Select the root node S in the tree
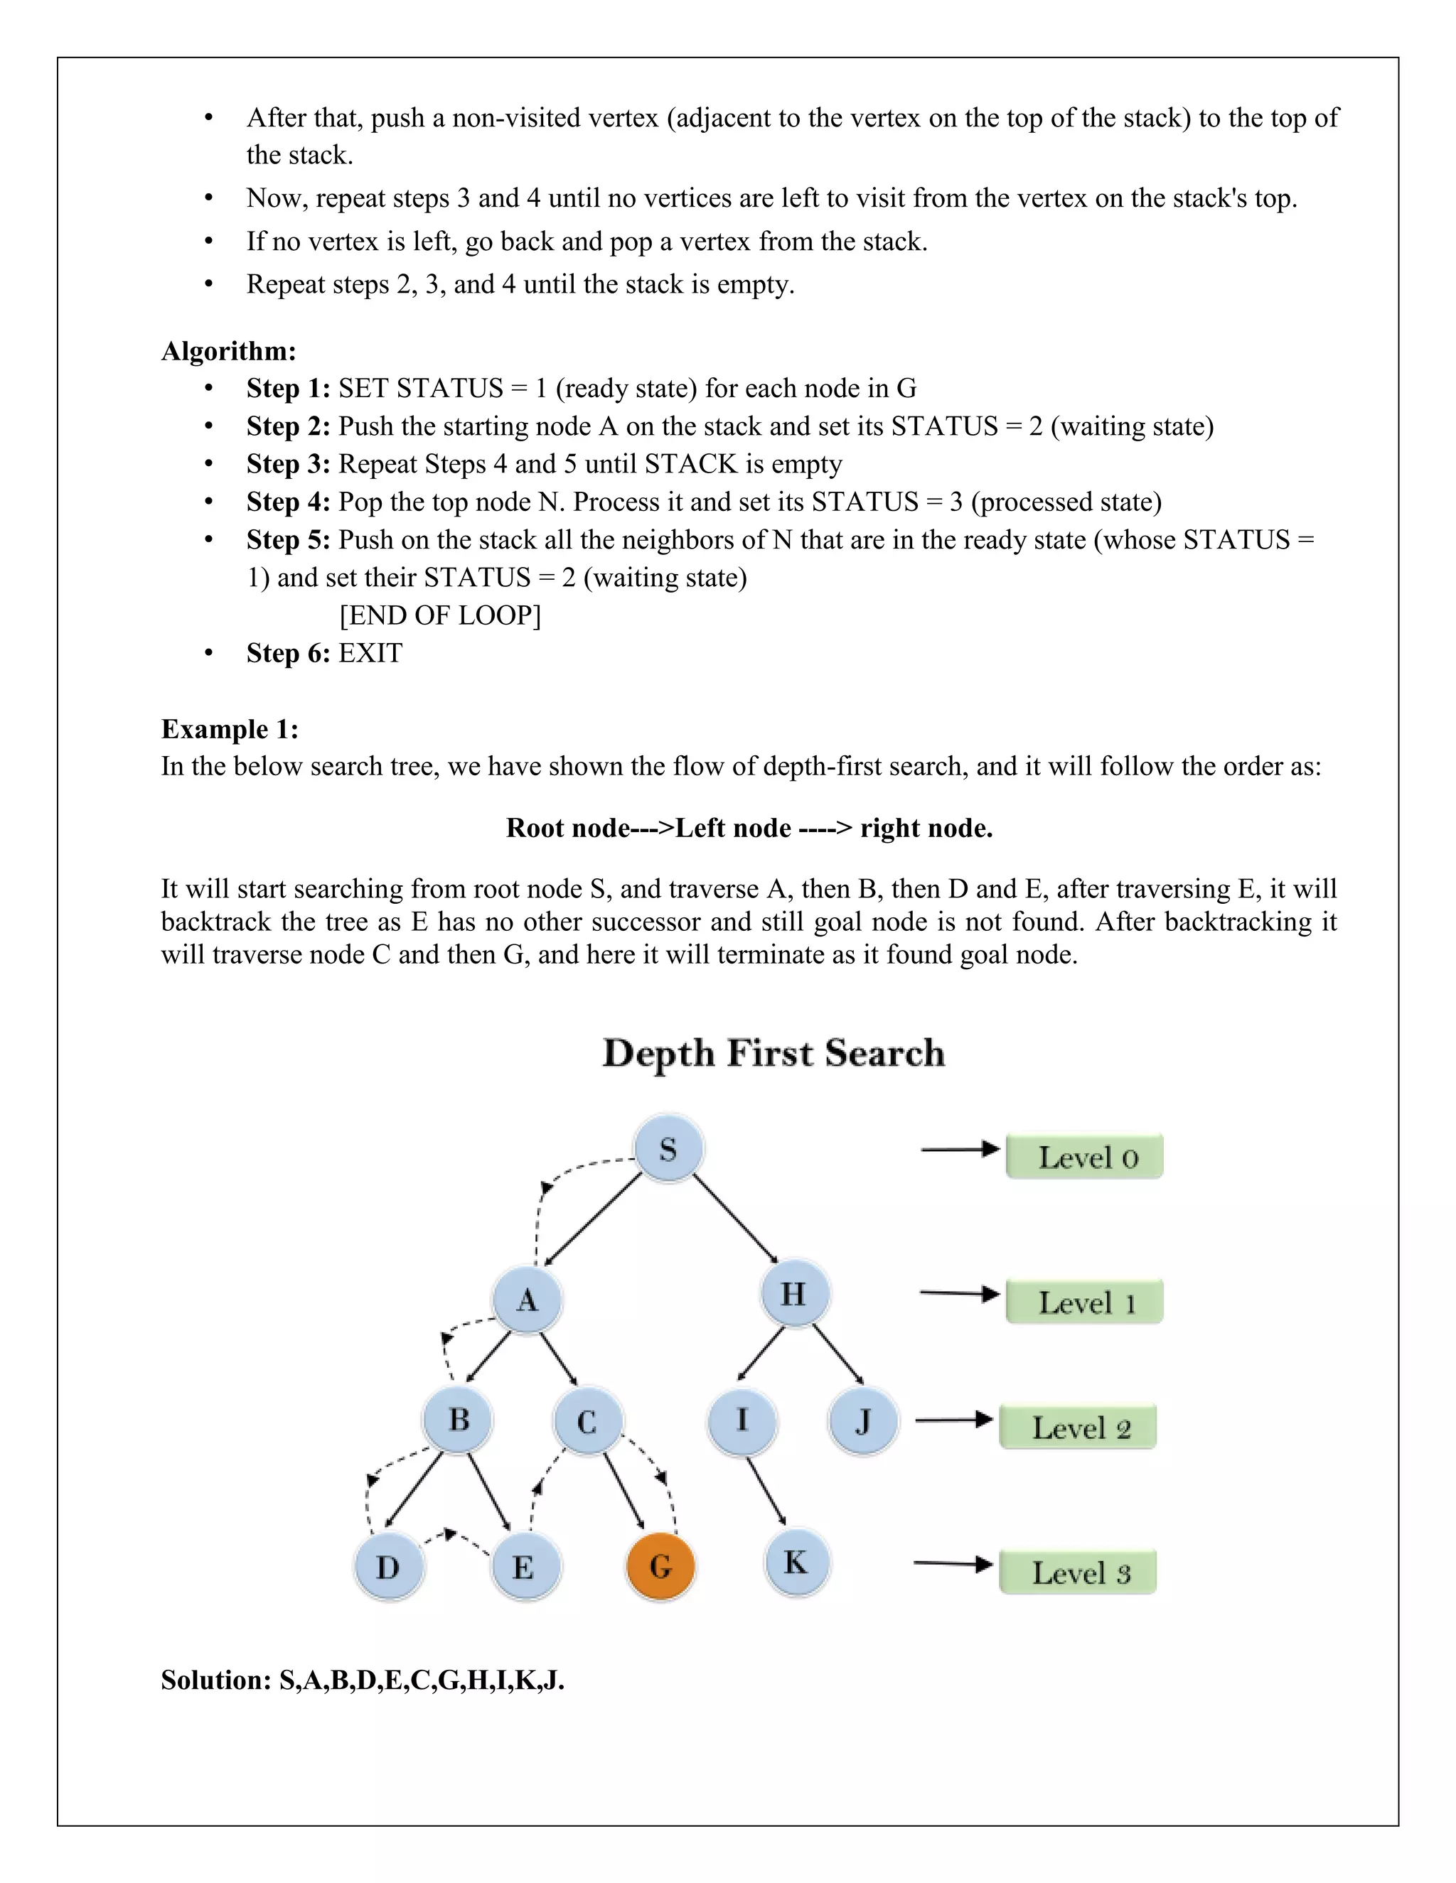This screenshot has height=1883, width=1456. pyautogui.click(x=668, y=1149)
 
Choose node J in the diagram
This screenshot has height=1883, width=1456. pyautogui.click(x=862, y=1421)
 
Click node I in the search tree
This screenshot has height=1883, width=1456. pyautogui.click(x=742, y=1419)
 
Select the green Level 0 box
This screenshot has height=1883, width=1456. pyautogui.click(x=1084, y=1157)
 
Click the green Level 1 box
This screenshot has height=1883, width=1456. pyautogui.click(x=1084, y=1302)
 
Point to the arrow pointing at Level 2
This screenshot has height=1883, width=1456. pyautogui.click(x=954, y=1419)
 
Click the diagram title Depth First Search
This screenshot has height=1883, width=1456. pyautogui.click(x=773, y=1053)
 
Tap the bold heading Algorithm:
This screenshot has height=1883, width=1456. pyautogui.click(x=229, y=351)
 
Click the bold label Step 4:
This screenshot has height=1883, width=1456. pyautogui.click(x=288, y=502)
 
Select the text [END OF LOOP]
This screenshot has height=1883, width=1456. pyautogui.click(x=440, y=615)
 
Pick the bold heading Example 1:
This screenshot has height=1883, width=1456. pyautogui.click(x=230, y=730)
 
